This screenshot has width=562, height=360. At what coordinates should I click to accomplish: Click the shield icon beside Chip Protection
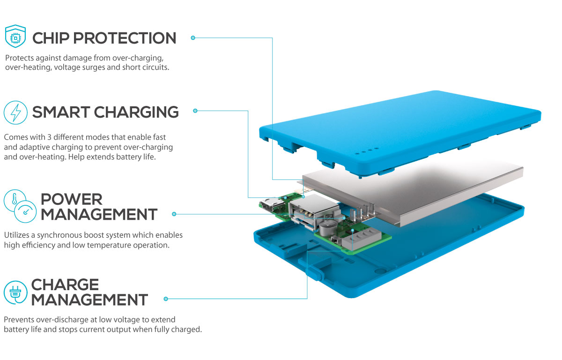coord(15,37)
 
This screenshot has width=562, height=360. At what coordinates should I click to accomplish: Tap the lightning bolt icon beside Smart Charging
coord(15,112)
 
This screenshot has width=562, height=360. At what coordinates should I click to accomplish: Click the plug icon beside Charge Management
coord(15,291)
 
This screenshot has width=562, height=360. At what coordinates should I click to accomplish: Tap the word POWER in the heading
coord(71,199)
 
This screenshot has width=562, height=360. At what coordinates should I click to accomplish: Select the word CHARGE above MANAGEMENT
coord(65,285)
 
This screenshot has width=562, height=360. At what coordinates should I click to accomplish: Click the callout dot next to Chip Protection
coord(192,37)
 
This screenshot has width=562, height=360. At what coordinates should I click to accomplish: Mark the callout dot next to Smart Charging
coord(195,111)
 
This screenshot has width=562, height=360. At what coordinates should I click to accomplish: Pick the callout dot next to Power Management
coord(174,214)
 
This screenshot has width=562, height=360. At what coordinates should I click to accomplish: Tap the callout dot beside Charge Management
coord(165,299)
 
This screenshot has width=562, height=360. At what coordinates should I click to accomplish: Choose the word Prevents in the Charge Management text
coord(19,320)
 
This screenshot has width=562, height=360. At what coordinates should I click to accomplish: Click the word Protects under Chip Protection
coord(19,58)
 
